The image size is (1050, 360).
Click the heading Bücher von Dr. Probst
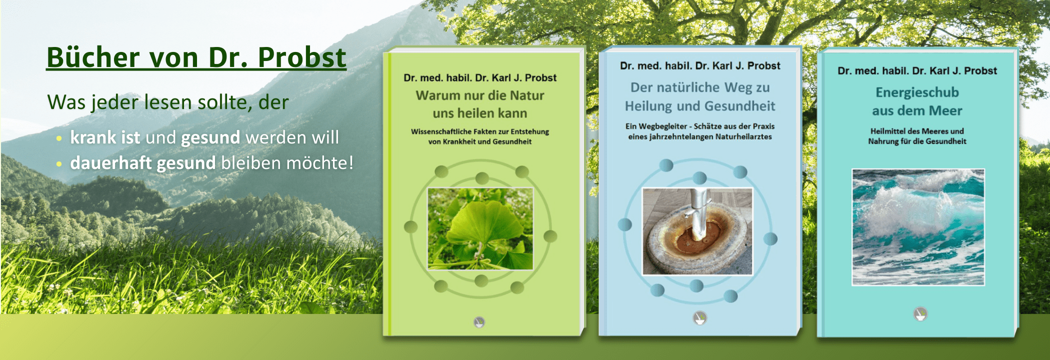point(196,57)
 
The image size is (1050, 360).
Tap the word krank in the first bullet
point(93,137)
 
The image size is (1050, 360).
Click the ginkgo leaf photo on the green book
point(480,228)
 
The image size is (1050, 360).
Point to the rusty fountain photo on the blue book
point(697,231)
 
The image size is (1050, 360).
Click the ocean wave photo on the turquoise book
point(918,227)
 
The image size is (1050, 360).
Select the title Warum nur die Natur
point(480,95)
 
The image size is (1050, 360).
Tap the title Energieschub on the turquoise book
point(917,92)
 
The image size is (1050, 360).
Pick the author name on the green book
point(480,78)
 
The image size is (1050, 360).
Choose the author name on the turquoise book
point(917,71)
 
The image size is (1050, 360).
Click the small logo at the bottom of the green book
point(479,321)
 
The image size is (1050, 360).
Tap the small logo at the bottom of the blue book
point(699,317)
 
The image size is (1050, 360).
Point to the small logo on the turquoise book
point(920,314)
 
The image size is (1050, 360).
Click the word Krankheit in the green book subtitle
point(459,142)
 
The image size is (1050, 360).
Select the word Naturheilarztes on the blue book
point(743,137)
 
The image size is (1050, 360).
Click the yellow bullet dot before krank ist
point(59,138)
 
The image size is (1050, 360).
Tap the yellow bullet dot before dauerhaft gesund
point(59,163)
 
